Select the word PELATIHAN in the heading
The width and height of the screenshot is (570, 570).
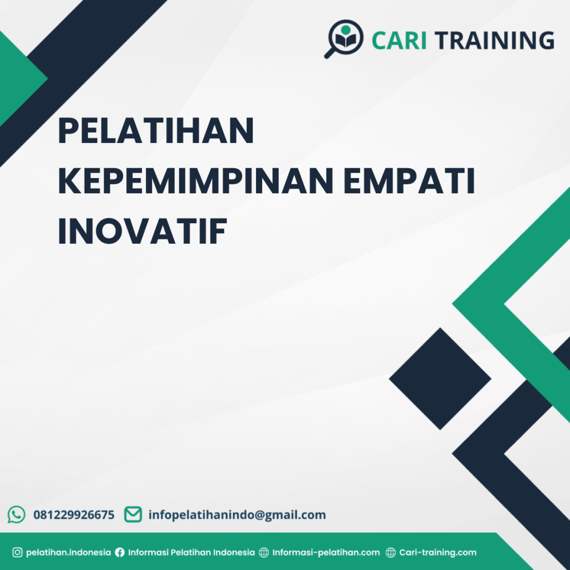click(x=156, y=131)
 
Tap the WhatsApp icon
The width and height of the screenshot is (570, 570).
click(x=17, y=514)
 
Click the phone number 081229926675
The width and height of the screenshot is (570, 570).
click(x=74, y=515)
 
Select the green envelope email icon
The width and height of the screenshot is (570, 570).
click(x=132, y=514)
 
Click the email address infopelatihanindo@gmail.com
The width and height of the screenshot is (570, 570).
click(x=237, y=515)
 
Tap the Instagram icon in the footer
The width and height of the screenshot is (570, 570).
click(x=17, y=553)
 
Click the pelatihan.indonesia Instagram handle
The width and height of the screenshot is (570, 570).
click(x=68, y=553)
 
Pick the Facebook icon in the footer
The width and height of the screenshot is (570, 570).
click(x=120, y=553)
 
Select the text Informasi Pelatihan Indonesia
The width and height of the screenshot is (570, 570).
click(x=191, y=553)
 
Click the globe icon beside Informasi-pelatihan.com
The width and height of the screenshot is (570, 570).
click(x=264, y=553)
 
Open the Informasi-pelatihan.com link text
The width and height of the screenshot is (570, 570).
click(x=326, y=553)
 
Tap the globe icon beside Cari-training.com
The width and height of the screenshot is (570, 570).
click(x=391, y=553)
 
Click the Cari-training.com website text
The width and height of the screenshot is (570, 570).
click(x=438, y=553)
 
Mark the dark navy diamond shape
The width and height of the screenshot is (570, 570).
click(x=440, y=379)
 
